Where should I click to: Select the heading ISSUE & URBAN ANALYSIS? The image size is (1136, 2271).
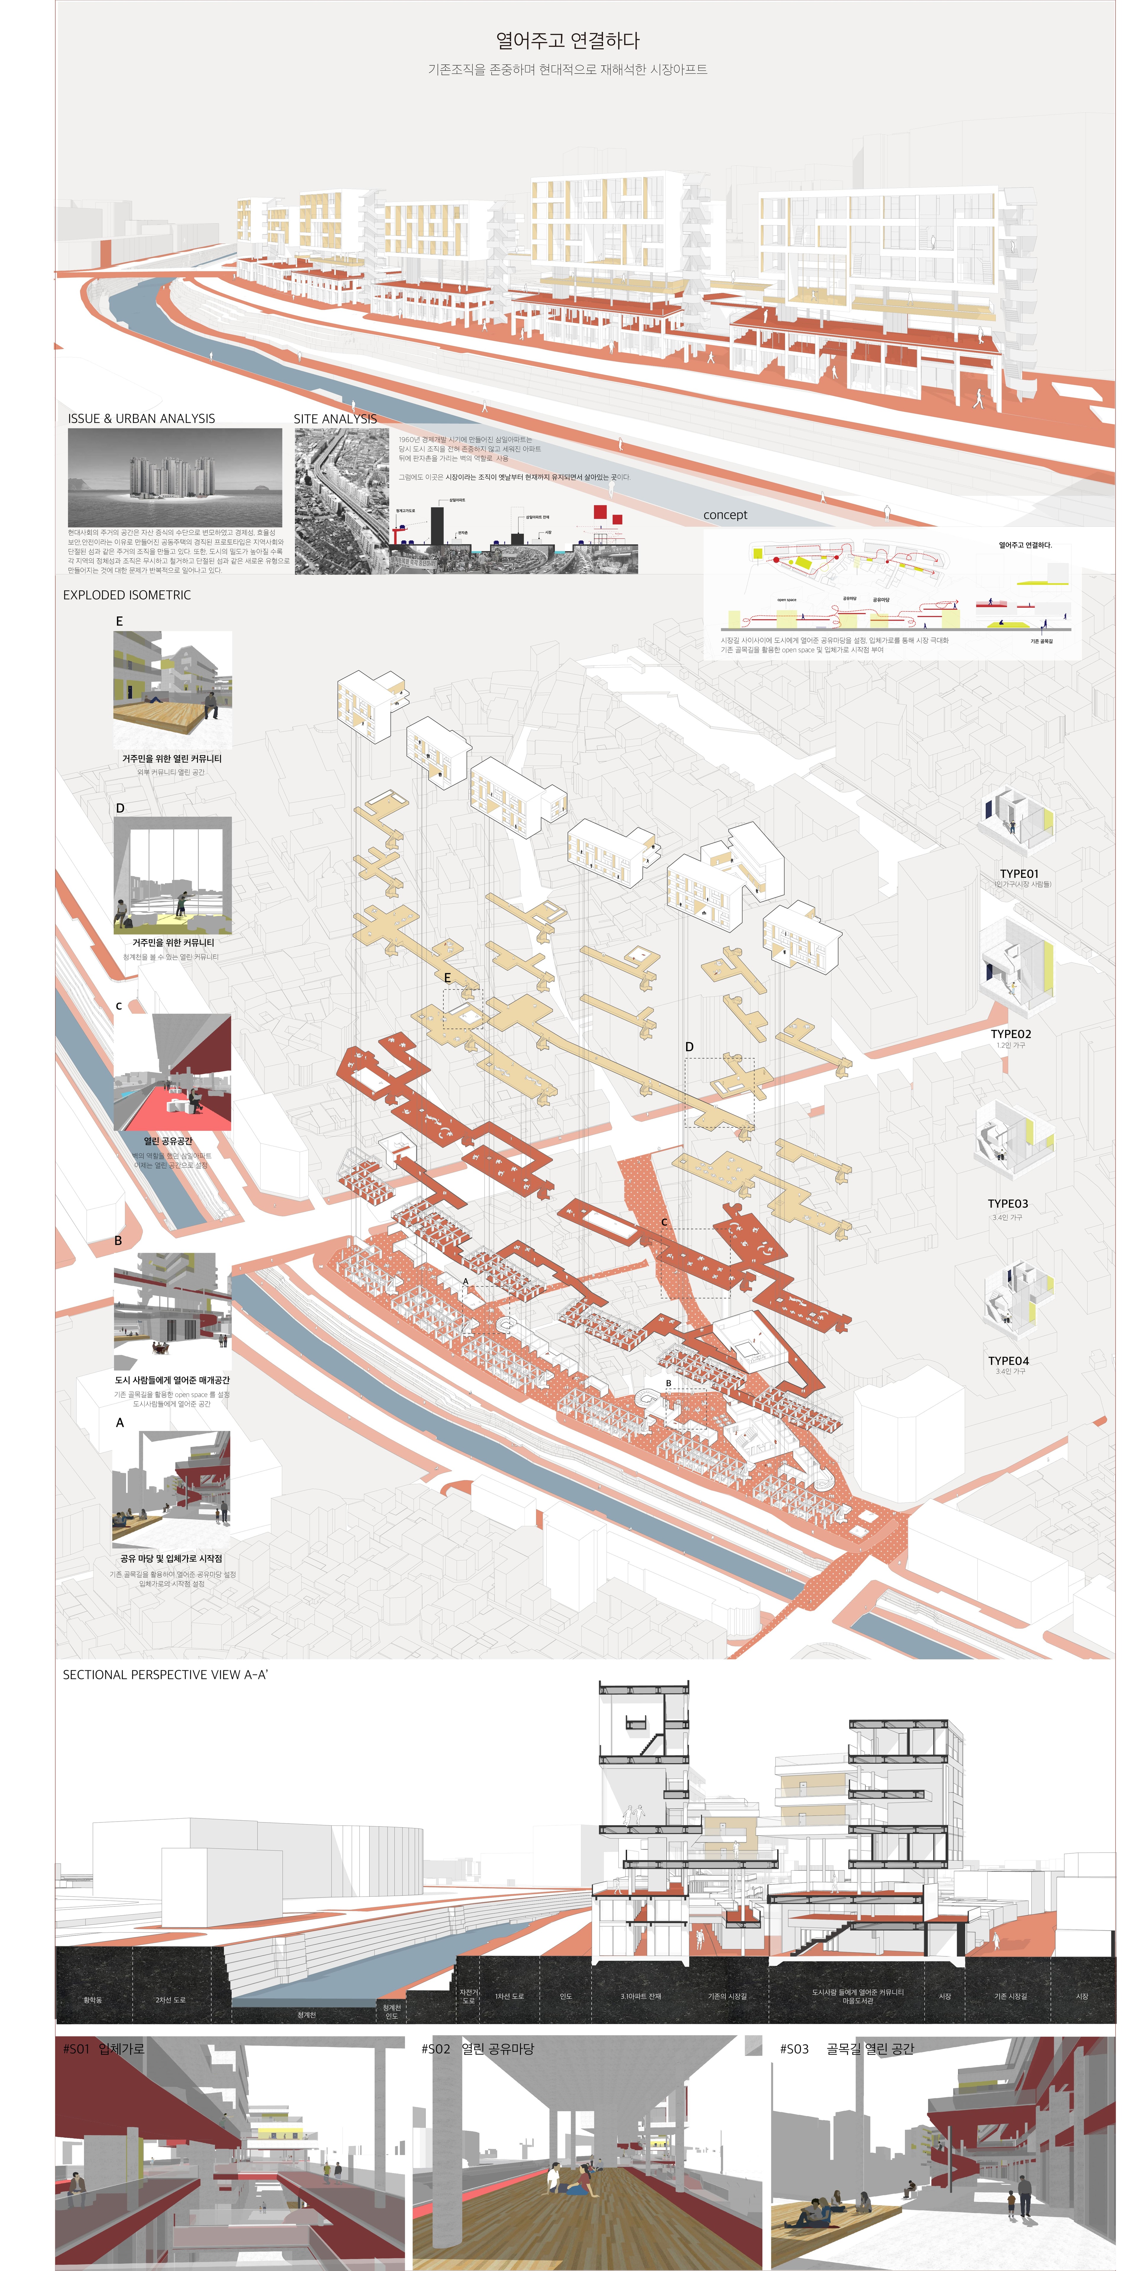tap(141, 419)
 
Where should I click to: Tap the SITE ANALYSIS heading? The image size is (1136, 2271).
tap(335, 419)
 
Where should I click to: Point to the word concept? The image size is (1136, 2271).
tap(725, 515)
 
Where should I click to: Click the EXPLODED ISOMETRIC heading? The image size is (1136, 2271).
tap(127, 595)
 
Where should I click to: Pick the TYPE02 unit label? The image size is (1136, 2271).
tap(1011, 1034)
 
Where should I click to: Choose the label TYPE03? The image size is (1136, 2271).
tap(1008, 1204)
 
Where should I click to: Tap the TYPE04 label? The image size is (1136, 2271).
tap(1008, 1361)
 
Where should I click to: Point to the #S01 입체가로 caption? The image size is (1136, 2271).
tap(103, 2049)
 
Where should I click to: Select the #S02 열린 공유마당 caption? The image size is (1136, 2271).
tap(478, 2049)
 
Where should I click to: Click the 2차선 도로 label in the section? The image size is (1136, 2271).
tap(170, 2000)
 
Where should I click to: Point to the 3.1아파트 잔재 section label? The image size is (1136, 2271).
tap(640, 1996)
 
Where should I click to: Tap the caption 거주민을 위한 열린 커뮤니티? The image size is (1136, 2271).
tap(172, 758)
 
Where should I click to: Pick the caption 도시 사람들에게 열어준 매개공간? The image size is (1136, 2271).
tap(172, 1380)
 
